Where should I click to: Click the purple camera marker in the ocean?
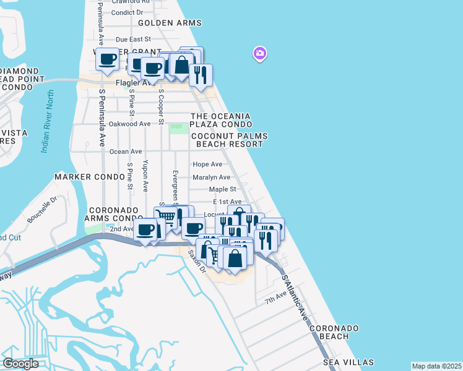tap(260, 54)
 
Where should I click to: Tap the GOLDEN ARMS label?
tap(170, 23)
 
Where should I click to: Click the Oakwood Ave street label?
tap(129, 124)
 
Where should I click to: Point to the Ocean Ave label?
tap(126, 151)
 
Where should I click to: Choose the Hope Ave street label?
tap(207, 164)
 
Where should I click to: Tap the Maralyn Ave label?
tap(211, 177)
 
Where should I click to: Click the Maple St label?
tap(222, 189)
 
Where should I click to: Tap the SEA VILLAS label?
tap(348, 362)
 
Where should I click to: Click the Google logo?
tap(20, 364)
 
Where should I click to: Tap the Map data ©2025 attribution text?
tap(436, 366)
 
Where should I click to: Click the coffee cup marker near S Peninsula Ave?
tap(108, 59)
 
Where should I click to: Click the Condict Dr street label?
tap(127, 12)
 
